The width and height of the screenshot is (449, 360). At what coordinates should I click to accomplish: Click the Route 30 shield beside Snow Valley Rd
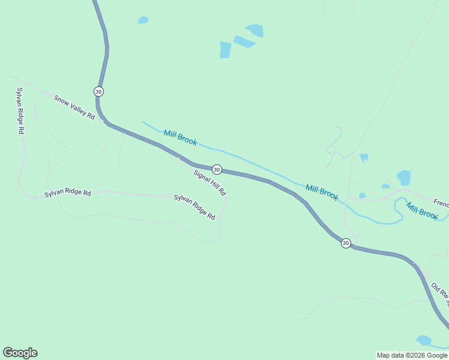pos(98,91)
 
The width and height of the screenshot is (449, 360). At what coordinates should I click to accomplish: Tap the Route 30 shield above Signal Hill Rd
pos(217,170)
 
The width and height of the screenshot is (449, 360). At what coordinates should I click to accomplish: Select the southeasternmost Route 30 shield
pos(346,243)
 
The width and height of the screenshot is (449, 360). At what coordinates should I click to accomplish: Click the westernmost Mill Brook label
pos(180,138)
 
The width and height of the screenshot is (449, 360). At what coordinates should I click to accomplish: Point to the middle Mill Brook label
pos(322,192)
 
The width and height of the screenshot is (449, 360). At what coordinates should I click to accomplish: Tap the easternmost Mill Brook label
pos(422,211)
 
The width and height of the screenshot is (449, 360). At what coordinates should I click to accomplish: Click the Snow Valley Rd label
pos(74,107)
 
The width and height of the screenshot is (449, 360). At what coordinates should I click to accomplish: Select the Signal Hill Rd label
pos(209,182)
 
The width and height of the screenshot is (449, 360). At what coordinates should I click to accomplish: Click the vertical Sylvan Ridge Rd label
pos(20,110)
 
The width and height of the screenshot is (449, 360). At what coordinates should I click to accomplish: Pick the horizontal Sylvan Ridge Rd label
pos(67,194)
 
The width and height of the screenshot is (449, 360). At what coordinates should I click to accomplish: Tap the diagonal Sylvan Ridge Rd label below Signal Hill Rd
pos(194,206)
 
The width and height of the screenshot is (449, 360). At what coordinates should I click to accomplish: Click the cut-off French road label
pos(441,203)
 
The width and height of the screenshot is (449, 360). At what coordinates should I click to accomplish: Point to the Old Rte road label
pos(439,292)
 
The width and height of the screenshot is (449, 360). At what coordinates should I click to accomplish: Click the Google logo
pos(20,353)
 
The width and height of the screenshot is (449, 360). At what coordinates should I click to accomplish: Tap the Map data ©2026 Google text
pos(412,355)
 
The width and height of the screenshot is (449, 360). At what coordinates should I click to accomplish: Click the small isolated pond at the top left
pos(143,20)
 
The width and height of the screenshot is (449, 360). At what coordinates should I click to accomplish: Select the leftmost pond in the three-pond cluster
pos(225,50)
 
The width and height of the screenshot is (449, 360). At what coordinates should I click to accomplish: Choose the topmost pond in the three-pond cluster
pos(255,30)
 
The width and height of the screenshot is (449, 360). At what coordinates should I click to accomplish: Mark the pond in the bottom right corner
pos(424,340)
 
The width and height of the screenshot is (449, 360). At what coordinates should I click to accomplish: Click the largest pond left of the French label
pos(404,178)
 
